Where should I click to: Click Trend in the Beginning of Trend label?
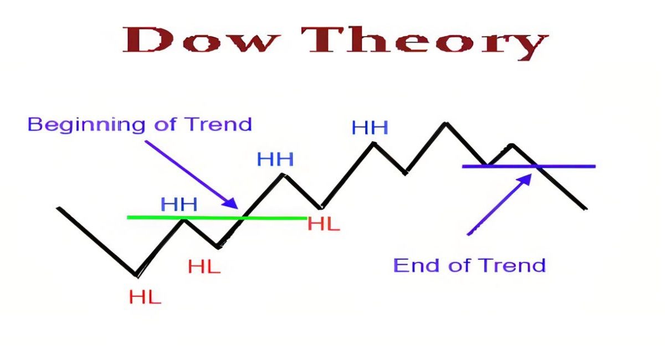(218, 124)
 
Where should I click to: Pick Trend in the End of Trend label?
(511, 265)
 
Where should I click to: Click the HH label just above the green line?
(179, 204)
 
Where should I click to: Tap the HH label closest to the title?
(370, 128)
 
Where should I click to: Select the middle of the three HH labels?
(275, 160)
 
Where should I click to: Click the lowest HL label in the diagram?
(145, 297)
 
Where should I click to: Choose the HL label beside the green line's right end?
(324, 224)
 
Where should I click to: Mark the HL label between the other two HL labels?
(204, 267)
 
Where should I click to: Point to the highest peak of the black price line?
(445, 123)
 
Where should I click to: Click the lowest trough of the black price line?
(136, 275)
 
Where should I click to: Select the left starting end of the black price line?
(58, 208)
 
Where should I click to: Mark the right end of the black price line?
(586, 209)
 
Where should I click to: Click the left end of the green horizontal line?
(128, 217)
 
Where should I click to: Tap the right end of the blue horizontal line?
(595, 166)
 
